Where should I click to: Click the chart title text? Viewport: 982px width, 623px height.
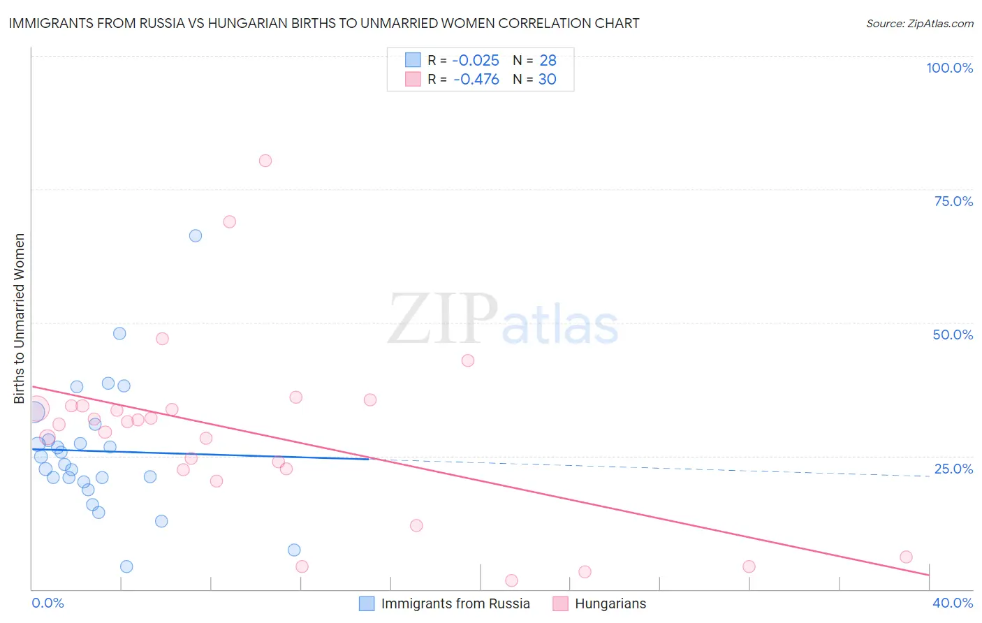pos(324,23)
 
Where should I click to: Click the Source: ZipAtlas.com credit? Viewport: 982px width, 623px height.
pos(919,23)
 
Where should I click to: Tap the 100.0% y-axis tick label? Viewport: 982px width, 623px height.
pos(949,68)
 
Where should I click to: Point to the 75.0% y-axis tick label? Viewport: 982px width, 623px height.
pos(953,201)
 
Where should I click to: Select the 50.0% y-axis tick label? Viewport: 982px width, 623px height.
pos(953,335)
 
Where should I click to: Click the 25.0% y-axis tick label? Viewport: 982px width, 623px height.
pos(953,469)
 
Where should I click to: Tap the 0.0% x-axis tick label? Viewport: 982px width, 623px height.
pos(48,603)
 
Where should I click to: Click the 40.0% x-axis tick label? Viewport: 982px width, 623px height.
pos(953,603)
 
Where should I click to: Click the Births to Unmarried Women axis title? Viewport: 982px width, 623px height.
pos(20,318)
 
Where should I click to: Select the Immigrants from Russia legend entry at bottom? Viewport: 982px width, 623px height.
pos(455,603)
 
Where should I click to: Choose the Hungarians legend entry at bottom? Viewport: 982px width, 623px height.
pos(610,603)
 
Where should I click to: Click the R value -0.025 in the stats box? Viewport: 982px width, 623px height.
pos(476,61)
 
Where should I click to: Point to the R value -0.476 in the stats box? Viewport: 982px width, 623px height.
pos(476,80)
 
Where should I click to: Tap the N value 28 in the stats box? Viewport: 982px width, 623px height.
pos(548,61)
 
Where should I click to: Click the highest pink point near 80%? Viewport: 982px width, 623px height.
pos(265,161)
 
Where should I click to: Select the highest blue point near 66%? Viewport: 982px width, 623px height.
pos(196,236)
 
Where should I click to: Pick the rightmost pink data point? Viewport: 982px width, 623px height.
pos(906,557)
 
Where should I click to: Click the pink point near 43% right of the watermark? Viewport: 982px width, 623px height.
pos(468,360)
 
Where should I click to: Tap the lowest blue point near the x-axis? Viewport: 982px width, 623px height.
pos(126,566)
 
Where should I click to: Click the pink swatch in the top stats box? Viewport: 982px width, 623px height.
pos(413,80)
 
